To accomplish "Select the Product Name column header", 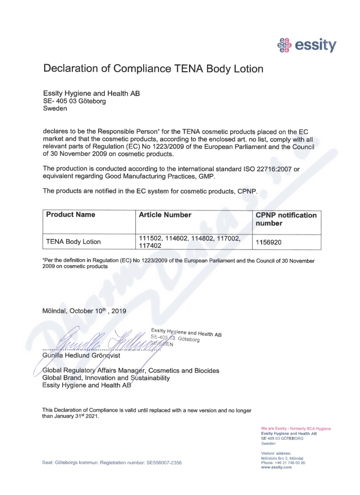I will click(x=71, y=215).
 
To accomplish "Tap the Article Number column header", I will click(x=165, y=215).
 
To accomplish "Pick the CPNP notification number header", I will click(x=286, y=219).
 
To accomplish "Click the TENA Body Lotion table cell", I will click(x=73, y=242).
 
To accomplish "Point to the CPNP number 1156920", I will click(x=269, y=242).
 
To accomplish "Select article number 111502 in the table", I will click(x=149, y=238).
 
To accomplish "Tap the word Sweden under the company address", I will click(x=55, y=108).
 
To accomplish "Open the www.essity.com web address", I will click(x=276, y=467).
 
